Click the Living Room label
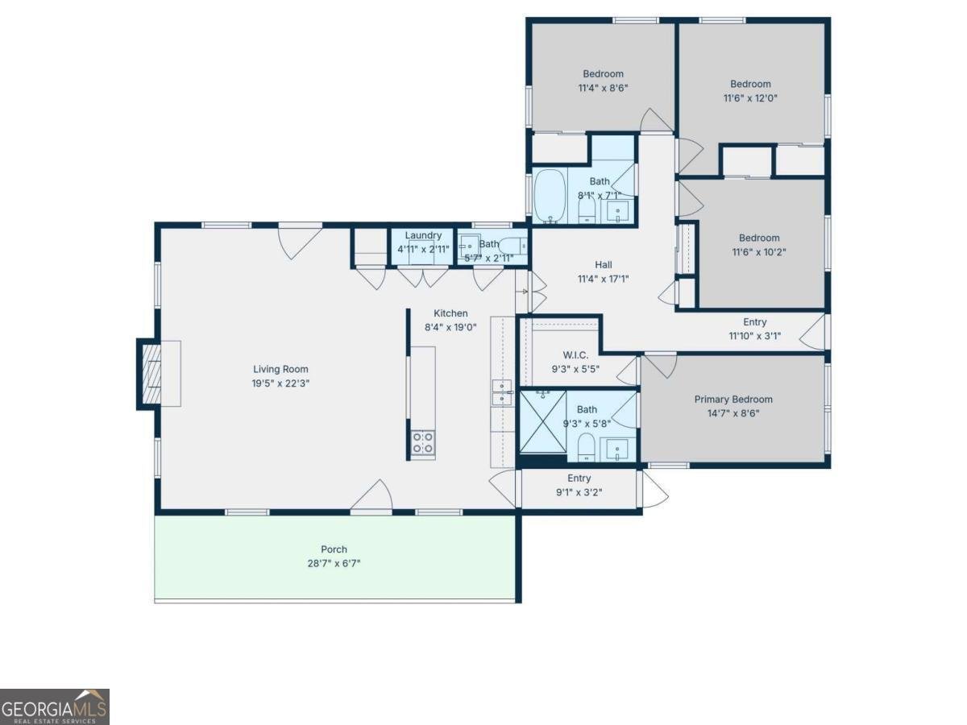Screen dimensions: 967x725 click(x=280, y=369)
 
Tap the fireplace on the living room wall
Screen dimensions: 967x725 click(x=151, y=374)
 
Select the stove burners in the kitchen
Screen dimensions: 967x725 click(x=422, y=443)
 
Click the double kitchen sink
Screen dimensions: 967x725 click(x=502, y=392)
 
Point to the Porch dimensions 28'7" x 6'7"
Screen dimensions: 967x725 click(x=334, y=563)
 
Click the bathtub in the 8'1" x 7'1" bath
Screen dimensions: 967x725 click(x=550, y=196)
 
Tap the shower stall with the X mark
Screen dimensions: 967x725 click(x=543, y=421)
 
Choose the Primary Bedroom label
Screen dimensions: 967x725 click(x=733, y=400)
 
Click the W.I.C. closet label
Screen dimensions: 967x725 click(x=575, y=354)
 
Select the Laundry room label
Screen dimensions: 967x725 click(x=423, y=235)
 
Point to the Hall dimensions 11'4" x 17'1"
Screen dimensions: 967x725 click(x=603, y=279)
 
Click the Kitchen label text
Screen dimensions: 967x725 click(x=450, y=313)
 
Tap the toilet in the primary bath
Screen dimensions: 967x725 click(x=587, y=447)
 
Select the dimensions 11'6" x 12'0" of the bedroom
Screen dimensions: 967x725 click(x=750, y=97)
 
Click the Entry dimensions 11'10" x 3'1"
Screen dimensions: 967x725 click(x=754, y=336)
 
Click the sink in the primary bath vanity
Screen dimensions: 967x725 click(x=617, y=449)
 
